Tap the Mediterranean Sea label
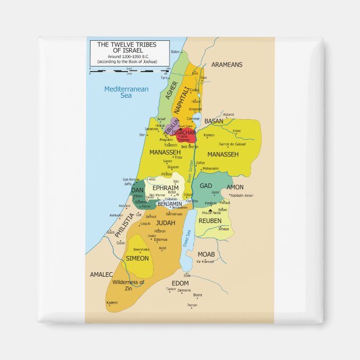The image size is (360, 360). (x=126, y=92)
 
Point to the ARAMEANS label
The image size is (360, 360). (x=227, y=65)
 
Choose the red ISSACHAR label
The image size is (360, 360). (x=183, y=132)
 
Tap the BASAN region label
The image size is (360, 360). (x=214, y=121)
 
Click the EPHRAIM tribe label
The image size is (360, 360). (x=165, y=188)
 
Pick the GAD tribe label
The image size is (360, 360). (x=206, y=186)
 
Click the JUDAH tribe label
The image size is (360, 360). (x=166, y=222)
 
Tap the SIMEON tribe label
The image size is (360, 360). (x=138, y=258)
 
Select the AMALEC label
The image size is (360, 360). (x=102, y=274)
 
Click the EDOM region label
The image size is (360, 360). (x=181, y=283)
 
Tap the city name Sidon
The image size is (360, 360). (x=176, y=51)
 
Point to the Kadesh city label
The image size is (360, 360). (x=112, y=302)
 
